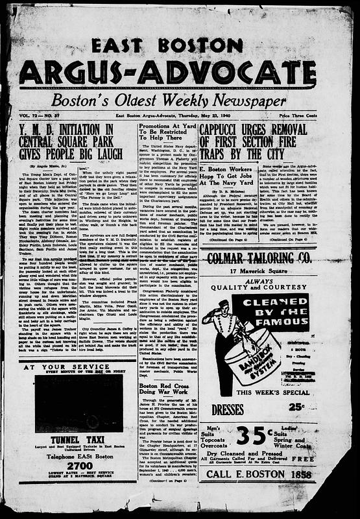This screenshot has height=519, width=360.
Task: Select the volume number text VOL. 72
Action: pos(29,115)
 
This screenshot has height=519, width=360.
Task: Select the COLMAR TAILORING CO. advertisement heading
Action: pos(269,260)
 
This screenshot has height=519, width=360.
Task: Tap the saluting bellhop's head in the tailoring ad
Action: pos(224,304)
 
